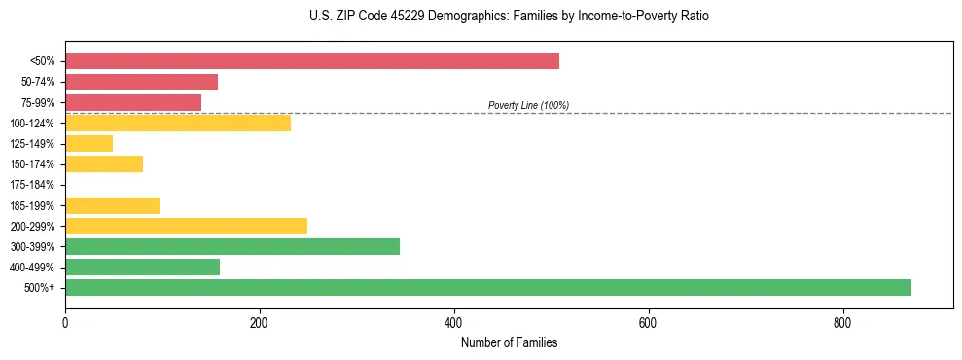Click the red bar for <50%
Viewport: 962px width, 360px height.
311,61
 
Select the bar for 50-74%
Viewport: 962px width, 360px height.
141,82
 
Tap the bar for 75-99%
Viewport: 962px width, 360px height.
133,102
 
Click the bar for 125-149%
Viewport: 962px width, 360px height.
89,143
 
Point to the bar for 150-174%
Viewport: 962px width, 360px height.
104,163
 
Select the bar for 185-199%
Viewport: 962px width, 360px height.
112,205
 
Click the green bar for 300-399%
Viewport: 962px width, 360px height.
232,246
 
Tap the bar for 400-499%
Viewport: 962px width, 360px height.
142,267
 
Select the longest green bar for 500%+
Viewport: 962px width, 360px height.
487,287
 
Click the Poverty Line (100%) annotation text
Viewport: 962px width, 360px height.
528,105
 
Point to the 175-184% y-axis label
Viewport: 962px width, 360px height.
32,185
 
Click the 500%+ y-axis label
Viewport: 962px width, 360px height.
41,288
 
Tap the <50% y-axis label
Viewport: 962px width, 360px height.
43,61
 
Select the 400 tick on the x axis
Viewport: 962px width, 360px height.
453,324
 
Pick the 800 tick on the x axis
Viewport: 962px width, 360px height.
842,324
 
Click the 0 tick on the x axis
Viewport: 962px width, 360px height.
65,324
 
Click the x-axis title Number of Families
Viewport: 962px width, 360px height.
509,342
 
